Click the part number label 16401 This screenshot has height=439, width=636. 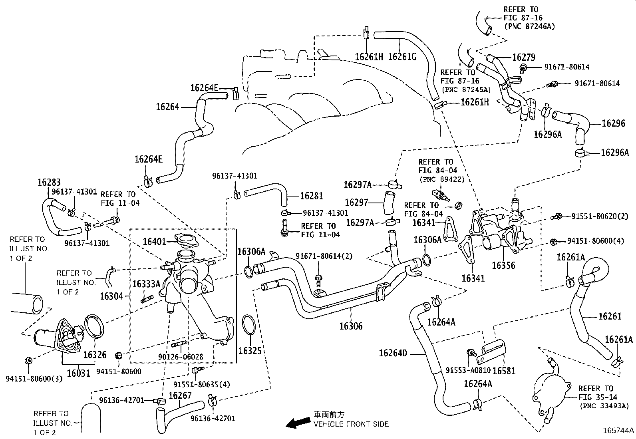click(154, 241)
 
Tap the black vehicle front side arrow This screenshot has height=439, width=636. click(298, 422)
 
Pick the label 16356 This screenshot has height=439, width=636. click(503, 265)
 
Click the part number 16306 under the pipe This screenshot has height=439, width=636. click(351, 326)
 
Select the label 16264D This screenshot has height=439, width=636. click(393, 353)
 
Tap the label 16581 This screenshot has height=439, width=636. click(504, 371)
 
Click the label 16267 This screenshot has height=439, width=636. click(180, 395)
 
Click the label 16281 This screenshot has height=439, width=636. click(311, 196)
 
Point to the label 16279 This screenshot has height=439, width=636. click(524, 57)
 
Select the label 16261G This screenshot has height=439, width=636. click(402, 57)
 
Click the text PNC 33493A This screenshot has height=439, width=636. click(604, 406)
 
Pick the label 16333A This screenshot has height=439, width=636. click(146, 284)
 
